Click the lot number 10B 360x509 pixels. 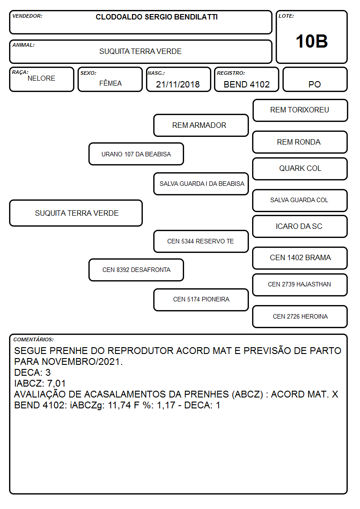311,41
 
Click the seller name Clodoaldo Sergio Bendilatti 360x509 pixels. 156,17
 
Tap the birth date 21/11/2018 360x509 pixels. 178,84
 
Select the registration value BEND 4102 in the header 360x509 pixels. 247,84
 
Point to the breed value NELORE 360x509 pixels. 41,78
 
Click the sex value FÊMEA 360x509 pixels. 110,83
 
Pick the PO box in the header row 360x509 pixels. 315,80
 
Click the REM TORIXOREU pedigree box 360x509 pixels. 300,111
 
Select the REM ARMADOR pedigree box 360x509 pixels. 201,125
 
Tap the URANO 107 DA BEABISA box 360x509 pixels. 136,154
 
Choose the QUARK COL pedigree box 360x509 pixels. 300,169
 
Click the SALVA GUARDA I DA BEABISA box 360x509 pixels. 201,184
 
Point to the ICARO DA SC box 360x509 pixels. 300,227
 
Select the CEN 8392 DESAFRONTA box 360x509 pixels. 136,270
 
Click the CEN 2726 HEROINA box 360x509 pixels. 300,316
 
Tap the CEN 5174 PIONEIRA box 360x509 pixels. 201,300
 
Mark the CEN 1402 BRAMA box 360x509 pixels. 300,258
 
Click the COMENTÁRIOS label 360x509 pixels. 34,339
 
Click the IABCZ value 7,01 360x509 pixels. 57,383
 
